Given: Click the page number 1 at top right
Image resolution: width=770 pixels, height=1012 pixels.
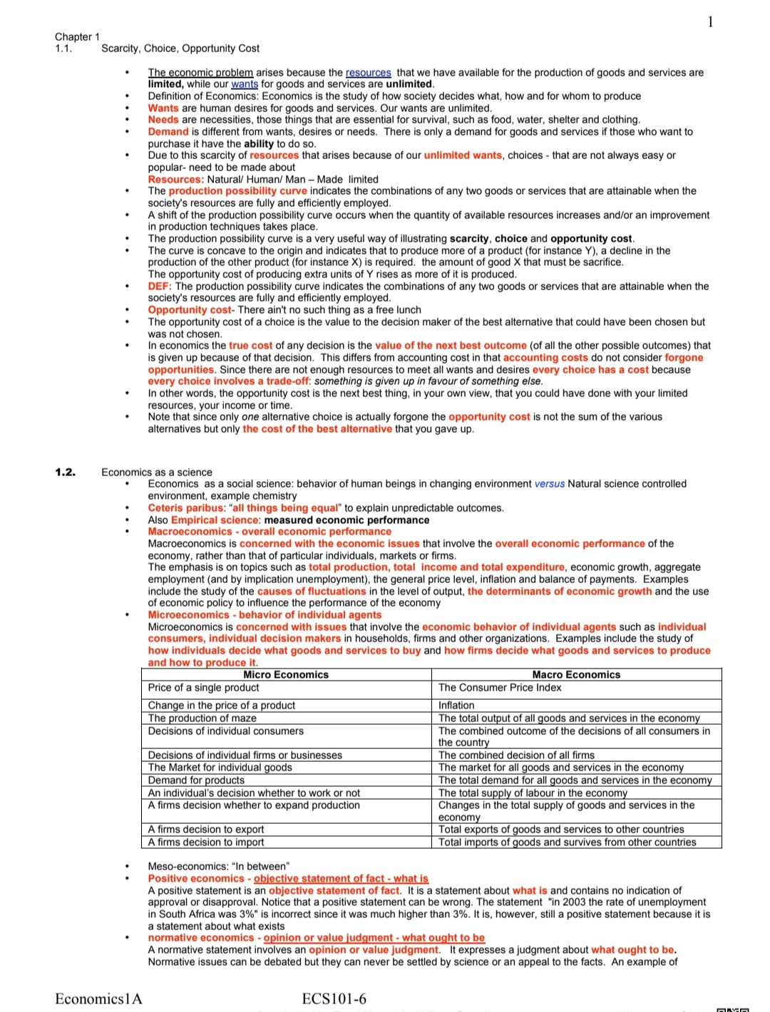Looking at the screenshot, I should [x=710, y=22].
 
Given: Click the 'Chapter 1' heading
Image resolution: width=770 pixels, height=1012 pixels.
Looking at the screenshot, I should [x=77, y=36].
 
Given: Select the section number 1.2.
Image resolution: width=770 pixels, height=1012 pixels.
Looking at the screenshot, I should [x=65, y=472].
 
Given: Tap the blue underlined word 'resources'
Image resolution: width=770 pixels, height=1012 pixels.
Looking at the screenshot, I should [x=368, y=73].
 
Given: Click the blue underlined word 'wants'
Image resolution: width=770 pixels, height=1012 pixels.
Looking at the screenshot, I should [x=245, y=84].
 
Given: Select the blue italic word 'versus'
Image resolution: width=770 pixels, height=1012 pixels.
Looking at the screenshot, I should [x=549, y=484].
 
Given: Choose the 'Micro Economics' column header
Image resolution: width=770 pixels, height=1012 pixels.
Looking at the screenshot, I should [x=286, y=675].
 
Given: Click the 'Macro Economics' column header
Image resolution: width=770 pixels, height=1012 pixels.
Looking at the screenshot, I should [x=576, y=675].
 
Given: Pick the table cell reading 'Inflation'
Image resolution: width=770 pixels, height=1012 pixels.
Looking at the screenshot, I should [x=456, y=706].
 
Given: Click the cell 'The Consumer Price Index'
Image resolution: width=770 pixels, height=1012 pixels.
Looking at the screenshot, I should [x=500, y=688].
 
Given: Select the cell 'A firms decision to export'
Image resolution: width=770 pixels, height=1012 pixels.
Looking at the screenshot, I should [x=206, y=830].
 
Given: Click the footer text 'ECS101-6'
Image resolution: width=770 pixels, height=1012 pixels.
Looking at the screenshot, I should [x=334, y=998].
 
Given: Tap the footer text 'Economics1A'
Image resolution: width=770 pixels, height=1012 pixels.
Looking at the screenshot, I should [x=98, y=998].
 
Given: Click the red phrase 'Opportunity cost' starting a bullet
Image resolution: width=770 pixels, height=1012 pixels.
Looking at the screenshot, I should [x=190, y=310].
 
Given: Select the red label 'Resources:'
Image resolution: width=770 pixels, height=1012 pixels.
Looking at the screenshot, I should [x=175, y=180].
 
